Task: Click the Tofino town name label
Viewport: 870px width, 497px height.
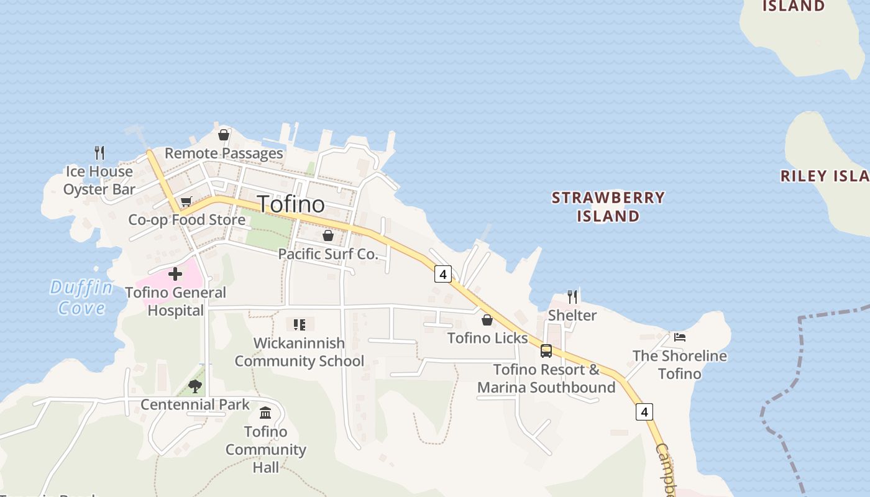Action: point(291,204)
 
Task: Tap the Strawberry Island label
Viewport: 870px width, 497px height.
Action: point(608,207)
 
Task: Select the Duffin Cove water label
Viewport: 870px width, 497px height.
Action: point(81,298)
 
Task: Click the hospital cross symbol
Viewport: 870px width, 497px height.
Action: point(175,273)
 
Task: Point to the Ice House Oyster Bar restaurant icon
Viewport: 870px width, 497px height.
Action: point(99,152)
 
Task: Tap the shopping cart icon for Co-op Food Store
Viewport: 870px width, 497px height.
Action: point(186,201)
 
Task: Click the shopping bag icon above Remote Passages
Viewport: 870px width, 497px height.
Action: point(224,135)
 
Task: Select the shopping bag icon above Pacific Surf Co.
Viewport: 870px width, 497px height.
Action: point(328,236)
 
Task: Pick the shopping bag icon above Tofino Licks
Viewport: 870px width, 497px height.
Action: point(487,320)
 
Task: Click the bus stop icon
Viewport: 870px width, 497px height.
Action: point(546,351)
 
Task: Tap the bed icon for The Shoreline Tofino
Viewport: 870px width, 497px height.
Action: point(680,337)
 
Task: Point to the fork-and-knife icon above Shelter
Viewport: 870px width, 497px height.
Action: point(572,297)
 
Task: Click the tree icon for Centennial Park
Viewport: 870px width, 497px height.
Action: point(195,386)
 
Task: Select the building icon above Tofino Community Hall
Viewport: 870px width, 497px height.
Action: point(265,413)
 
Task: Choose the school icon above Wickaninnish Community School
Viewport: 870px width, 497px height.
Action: point(300,324)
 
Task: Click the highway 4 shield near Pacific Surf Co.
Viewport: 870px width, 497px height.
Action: point(442,273)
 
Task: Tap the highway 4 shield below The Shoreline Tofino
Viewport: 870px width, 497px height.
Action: point(644,411)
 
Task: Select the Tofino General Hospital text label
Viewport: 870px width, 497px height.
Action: point(176,301)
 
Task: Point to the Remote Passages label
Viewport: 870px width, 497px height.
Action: point(224,153)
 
